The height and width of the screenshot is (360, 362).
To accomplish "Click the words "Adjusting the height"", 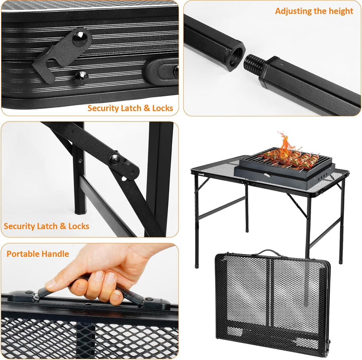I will coord(314,11).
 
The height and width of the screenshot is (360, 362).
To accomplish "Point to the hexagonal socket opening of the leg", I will coord(234,52).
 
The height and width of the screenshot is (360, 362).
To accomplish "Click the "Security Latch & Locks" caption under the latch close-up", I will coord(130,108).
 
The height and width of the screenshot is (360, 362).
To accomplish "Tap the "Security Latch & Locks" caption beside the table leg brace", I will coord(46,226).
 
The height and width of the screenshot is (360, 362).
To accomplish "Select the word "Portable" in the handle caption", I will coord(24,254).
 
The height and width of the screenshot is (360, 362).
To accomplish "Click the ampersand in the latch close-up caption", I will coord(144,108).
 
